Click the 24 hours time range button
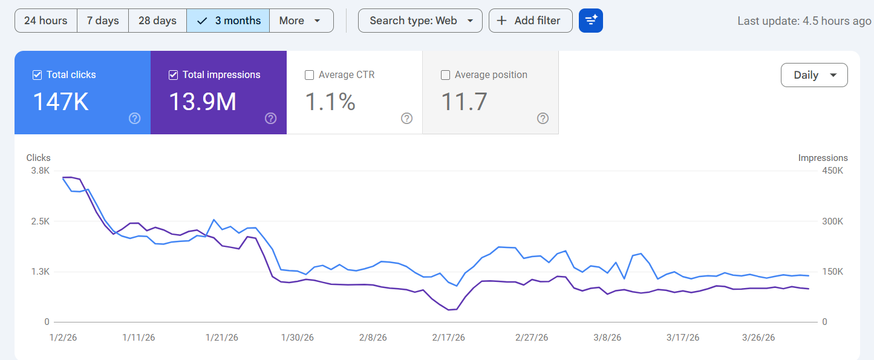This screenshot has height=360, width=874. click(45, 21)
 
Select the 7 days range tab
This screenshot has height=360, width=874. click(103, 21)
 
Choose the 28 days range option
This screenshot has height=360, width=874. click(157, 21)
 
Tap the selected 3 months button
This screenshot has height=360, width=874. click(228, 21)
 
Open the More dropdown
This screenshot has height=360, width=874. click(301, 21)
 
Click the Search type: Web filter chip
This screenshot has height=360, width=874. click(420, 21)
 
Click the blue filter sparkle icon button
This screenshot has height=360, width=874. click(590, 21)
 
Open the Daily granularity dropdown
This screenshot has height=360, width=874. click(814, 75)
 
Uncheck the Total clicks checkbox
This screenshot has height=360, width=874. click(37, 75)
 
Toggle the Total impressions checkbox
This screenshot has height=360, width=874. click(173, 75)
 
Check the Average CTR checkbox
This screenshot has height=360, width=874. click(309, 75)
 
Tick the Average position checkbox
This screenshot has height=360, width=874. click(445, 75)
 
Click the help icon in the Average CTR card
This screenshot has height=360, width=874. click(406, 119)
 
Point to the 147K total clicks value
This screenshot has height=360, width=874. click(60, 102)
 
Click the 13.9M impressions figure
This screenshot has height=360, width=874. click(202, 102)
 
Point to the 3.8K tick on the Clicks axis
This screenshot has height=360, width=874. click(39, 171)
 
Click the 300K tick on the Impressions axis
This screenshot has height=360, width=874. click(832, 221)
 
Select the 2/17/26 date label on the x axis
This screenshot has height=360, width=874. click(449, 338)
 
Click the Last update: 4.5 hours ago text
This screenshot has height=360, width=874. click(804, 21)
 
